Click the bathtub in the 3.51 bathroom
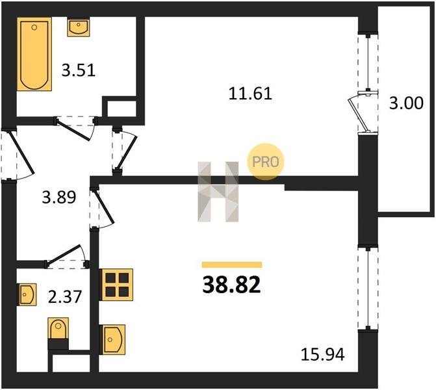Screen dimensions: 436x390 click(x=34, y=54)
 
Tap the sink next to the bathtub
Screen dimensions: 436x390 click(x=79, y=27)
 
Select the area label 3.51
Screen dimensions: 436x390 click(x=79, y=70)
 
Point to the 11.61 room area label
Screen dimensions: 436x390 click(x=250, y=93)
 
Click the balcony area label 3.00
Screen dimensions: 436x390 click(x=406, y=103)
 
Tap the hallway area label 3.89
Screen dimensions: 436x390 click(x=59, y=197)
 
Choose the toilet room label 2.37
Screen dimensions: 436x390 click(x=65, y=296)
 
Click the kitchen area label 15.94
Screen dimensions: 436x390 click(x=322, y=355)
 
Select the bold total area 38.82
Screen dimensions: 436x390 click(x=231, y=285)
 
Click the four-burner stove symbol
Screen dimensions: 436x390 click(x=117, y=285)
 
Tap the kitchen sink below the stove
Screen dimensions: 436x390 click(x=114, y=340)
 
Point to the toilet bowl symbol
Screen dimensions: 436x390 click(x=58, y=329)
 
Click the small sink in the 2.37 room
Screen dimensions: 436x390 click(x=27, y=294)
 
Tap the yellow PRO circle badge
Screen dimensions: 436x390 click(x=266, y=162)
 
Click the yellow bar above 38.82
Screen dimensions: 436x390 click(x=232, y=265)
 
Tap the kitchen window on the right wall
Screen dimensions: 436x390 click(x=368, y=288)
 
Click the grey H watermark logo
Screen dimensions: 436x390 click(x=218, y=192)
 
